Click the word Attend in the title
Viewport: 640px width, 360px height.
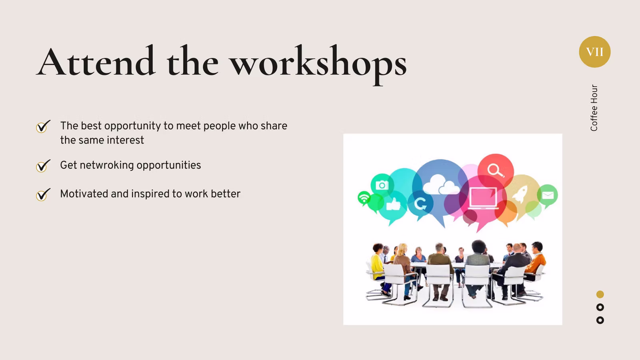click(x=96, y=61)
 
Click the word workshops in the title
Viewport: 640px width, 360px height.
click(x=318, y=64)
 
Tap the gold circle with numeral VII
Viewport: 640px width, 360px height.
click(x=594, y=52)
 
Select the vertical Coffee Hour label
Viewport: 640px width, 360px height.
click(x=594, y=108)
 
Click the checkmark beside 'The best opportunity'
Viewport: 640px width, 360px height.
click(x=43, y=126)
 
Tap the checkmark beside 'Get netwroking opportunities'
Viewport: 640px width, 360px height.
click(x=43, y=166)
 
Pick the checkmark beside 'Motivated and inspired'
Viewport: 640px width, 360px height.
click(x=43, y=194)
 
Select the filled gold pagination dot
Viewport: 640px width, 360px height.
click(x=600, y=294)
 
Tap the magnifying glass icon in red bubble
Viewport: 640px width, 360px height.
click(x=496, y=170)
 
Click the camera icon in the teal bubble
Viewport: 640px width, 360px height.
click(x=382, y=185)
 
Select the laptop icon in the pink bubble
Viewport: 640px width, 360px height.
click(x=483, y=198)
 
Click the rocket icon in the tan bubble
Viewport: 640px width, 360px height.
click(x=520, y=194)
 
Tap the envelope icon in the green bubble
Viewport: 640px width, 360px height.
click(x=548, y=196)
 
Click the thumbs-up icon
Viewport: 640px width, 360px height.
click(x=393, y=204)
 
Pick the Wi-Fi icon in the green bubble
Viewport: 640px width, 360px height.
click(x=364, y=198)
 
